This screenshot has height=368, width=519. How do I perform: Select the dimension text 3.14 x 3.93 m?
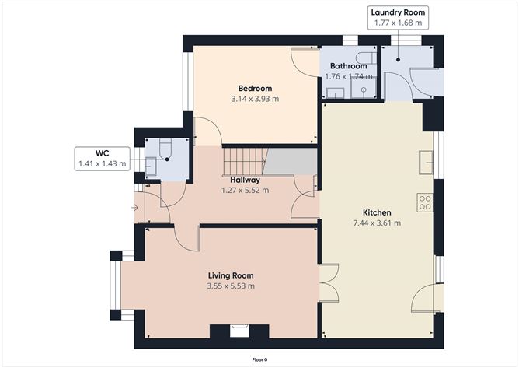tap(255, 100)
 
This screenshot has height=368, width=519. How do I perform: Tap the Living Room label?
tap(231, 275)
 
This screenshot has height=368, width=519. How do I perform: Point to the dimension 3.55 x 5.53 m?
tap(231, 286)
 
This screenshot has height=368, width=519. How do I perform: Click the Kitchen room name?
tap(377, 212)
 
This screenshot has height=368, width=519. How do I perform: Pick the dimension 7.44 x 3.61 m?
tap(377, 223)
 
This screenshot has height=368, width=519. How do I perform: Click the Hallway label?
tap(245, 180)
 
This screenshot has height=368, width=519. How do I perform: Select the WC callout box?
tap(102, 159)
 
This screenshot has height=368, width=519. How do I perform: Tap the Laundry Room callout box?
tap(397, 18)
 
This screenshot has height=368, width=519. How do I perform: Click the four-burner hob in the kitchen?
tap(425, 203)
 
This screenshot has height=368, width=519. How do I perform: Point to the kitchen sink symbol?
tap(426, 162)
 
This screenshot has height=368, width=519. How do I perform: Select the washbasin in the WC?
tap(150, 166)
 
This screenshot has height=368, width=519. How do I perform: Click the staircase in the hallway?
tap(245, 162)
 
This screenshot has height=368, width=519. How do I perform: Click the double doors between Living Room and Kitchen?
tap(329, 282)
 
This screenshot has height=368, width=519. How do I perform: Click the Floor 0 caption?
tap(259, 359)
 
